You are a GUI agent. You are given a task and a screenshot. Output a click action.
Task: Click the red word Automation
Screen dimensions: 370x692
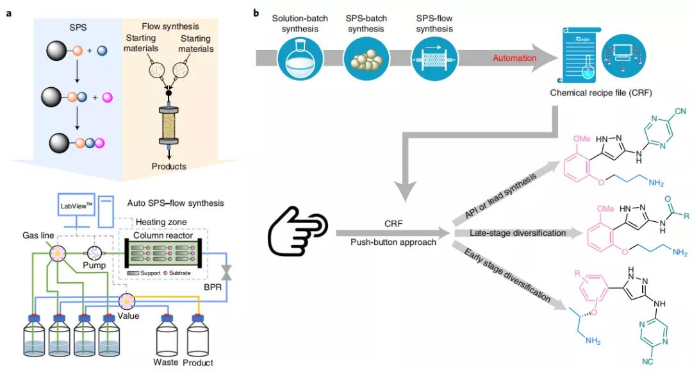(515, 58)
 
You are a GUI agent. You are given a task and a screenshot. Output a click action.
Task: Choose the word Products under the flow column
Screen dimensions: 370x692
(169, 166)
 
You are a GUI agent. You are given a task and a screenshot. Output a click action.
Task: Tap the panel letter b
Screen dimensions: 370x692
(258, 12)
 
